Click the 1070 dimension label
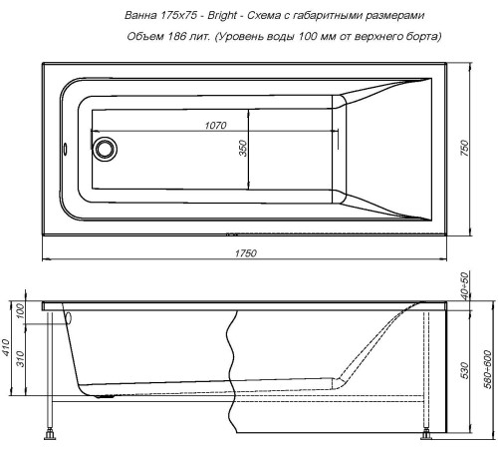(x=214, y=125)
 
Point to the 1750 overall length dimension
(x=244, y=252)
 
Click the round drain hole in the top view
(x=105, y=150)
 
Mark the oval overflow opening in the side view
(x=69, y=320)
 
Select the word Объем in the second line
(x=148, y=37)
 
